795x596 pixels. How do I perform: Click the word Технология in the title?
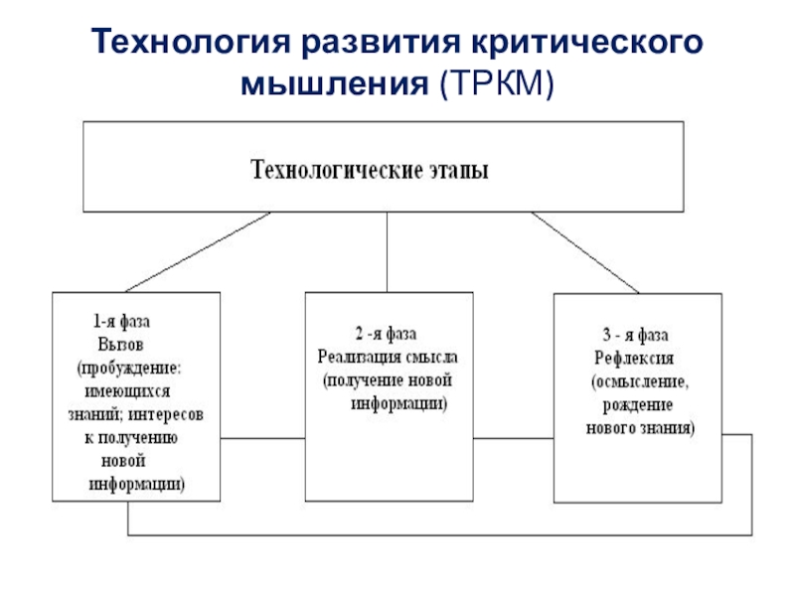pos(191,42)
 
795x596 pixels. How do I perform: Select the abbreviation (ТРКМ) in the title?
pos(497,82)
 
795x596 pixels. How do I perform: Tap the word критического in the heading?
pos(587,42)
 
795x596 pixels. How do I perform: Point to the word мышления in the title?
pos(335,83)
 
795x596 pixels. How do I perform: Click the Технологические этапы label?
pos(370,170)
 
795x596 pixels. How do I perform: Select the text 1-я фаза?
pos(121,321)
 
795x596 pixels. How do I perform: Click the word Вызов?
pos(120,345)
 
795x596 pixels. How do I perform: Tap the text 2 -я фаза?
pos(386,334)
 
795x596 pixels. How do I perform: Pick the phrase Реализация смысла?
pos(388,357)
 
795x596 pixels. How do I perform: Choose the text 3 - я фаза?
pos(635,335)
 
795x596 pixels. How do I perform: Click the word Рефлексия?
pos(634,359)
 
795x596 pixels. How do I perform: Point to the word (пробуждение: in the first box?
pos(129,368)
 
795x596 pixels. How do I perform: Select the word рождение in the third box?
pos(638,405)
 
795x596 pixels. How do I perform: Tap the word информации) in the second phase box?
pos(399,403)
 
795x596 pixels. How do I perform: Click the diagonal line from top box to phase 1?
pos(198,252)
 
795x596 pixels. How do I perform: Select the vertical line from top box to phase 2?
pos(387,252)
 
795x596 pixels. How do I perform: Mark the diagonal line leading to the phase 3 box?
pos(585,252)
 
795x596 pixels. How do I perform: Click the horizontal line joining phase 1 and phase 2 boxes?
pos(262,438)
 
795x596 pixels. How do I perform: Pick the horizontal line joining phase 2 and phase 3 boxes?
pos(513,438)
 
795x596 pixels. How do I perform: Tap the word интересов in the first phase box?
pos(166,414)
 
